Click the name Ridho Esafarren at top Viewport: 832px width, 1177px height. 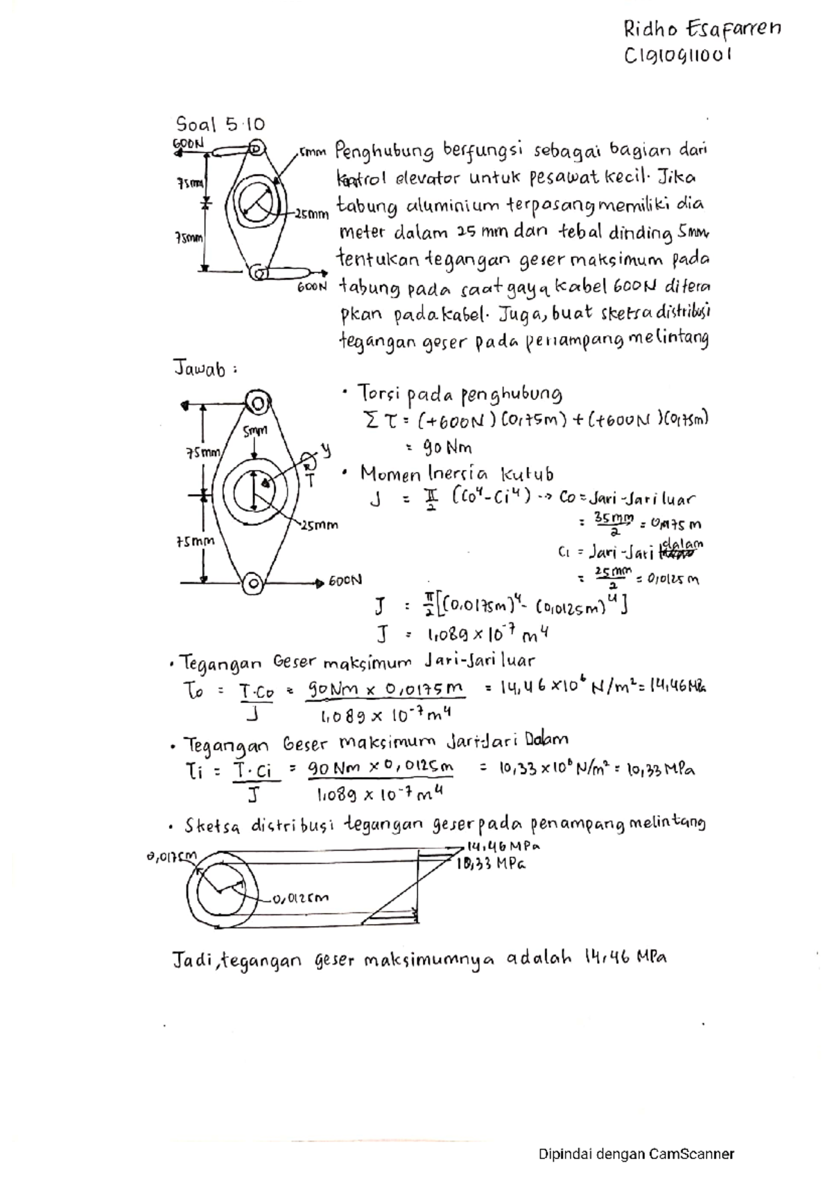pyautogui.click(x=702, y=30)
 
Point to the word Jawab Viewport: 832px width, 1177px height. pyautogui.click(x=200, y=369)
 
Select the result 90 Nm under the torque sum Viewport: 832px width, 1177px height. pyautogui.click(x=449, y=447)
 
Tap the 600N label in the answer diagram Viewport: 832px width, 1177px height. pyautogui.click(x=345, y=582)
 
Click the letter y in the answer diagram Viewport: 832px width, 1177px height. pyautogui.click(x=327, y=451)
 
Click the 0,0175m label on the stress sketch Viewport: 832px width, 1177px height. pyautogui.click(x=171, y=857)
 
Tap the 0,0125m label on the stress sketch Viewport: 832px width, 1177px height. pyautogui.click(x=301, y=898)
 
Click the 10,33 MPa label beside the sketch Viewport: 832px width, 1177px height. pyautogui.click(x=489, y=864)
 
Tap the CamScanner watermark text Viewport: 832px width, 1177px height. pyautogui.click(x=636, y=1154)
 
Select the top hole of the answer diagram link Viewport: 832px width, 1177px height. pyautogui.click(x=257, y=403)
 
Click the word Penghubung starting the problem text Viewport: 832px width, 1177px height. pyautogui.click(x=385, y=151)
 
